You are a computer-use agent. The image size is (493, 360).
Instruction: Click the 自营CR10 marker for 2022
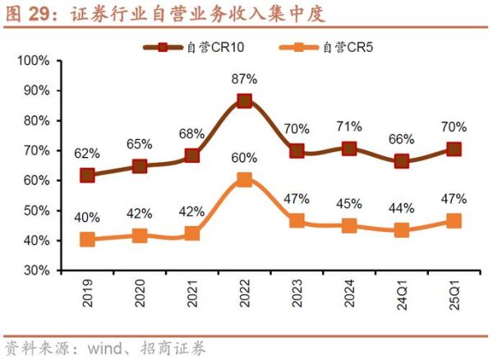pos(245,101)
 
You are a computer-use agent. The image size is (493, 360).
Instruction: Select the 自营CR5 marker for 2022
pos(245,180)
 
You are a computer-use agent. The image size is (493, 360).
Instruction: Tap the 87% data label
pos(245,80)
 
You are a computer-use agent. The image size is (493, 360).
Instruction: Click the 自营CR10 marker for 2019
pos(88,175)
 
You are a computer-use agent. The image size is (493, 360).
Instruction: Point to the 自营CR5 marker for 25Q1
pos(454,220)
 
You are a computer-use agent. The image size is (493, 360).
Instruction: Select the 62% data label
pos(88,154)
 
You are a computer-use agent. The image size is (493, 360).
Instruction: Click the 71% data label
pos(350,127)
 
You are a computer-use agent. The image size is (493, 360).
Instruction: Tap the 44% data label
pos(403,208)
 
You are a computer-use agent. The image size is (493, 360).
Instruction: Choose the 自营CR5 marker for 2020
pos(140,236)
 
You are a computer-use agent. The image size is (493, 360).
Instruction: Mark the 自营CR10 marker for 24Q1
pos(403,161)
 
